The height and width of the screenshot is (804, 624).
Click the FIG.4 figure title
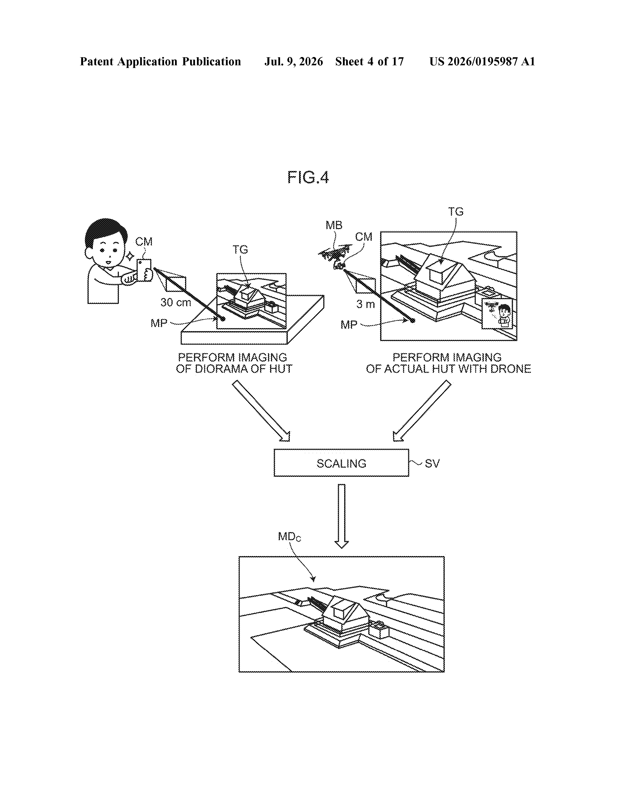pos(308,177)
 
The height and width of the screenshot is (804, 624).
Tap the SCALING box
pos(341,463)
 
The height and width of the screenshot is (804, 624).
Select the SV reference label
pos(432,463)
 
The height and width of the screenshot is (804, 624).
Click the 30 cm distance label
pos(176,303)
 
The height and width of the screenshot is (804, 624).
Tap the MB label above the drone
pos(334,225)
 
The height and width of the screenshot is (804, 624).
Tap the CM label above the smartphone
pos(144,242)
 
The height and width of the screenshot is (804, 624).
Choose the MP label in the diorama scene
pos(159,323)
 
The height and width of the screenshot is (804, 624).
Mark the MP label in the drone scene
pos(349,325)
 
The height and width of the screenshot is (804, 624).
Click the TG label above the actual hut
pos(456,212)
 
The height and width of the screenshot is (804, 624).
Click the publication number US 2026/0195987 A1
pos(482,61)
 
